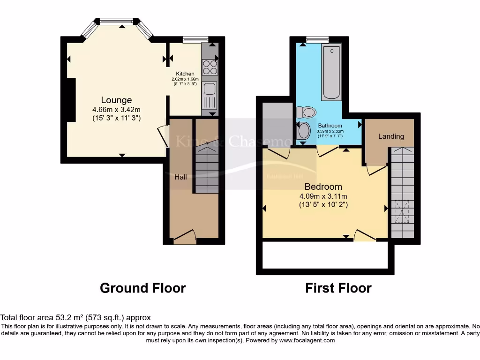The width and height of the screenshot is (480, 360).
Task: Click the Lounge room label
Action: (x=116, y=100)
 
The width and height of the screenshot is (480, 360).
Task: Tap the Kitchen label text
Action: (x=185, y=74)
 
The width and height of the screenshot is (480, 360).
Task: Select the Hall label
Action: (x=180, y=177)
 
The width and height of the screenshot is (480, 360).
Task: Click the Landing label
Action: (x=391, y=136)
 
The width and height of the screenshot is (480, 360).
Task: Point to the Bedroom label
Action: (x=323, y=187)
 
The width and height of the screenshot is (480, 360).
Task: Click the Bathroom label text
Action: (x=330, y=126)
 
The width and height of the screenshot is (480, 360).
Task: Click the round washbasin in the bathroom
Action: (x=304, y=130)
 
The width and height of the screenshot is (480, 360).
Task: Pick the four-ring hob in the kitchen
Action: (x=210, y=67)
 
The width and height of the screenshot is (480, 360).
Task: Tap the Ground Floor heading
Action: (x=142, y=288)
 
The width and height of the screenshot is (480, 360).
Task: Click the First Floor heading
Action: (x=338, y=288)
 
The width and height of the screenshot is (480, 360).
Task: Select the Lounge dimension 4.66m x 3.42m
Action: (x=116, y=110)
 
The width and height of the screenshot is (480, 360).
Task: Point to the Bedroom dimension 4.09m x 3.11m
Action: (x=323, y=196)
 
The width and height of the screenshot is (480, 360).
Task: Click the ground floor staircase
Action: (x=206, y=169)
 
